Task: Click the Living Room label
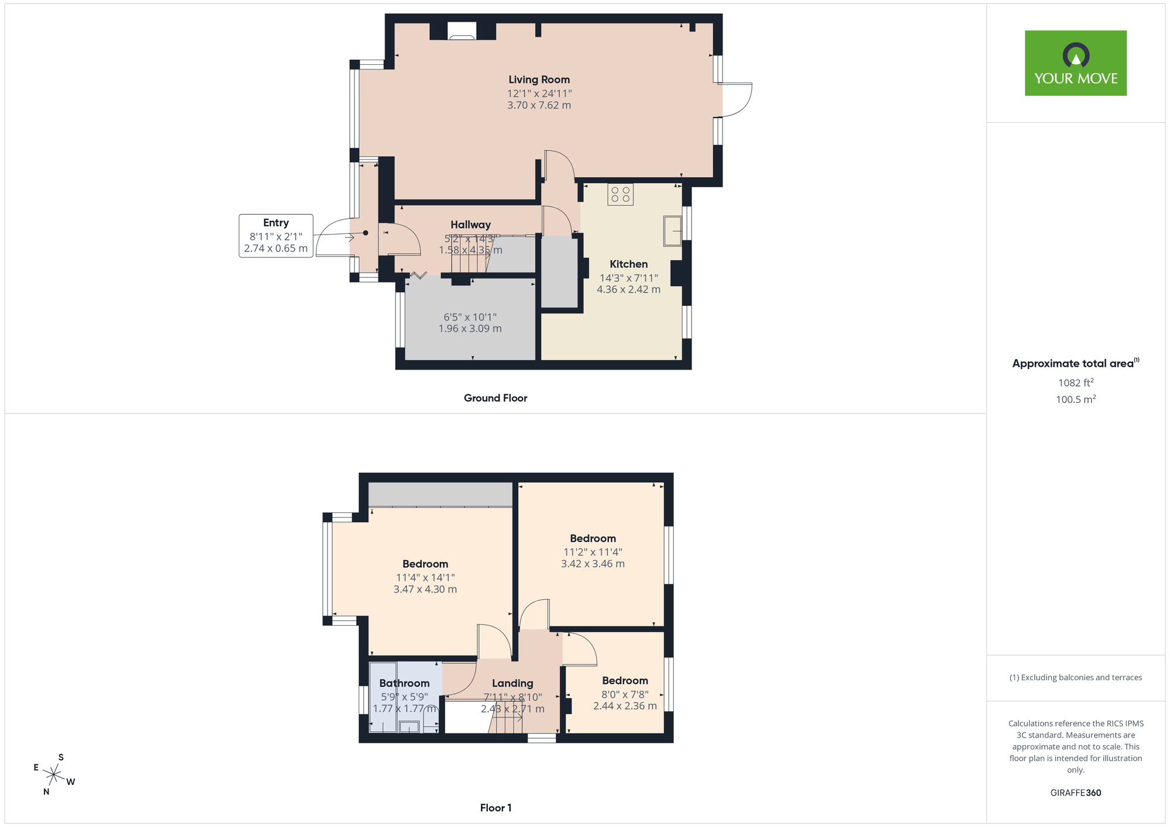(539, 80)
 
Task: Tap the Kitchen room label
(628, 264)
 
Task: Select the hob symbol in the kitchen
(620, 195)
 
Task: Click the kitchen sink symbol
(673, 230)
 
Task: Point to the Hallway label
(470, 225)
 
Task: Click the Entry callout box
(276, 236)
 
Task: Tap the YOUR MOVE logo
(1076, 63)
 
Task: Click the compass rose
(54, 775)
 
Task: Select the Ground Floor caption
(495, 398)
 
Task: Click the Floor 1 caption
(495, 808)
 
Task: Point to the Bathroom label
(404, 683)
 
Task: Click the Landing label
(512, 683)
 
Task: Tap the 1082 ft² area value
(1076, 383)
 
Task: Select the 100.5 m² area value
(1076, 399)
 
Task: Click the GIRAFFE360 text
(1076, 793)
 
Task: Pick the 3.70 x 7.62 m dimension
(539, 105)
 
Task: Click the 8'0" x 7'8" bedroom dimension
(625, 694)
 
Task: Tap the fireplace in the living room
(462, 32)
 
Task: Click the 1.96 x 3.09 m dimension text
(470, 329)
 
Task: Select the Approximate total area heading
(1076, 363)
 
